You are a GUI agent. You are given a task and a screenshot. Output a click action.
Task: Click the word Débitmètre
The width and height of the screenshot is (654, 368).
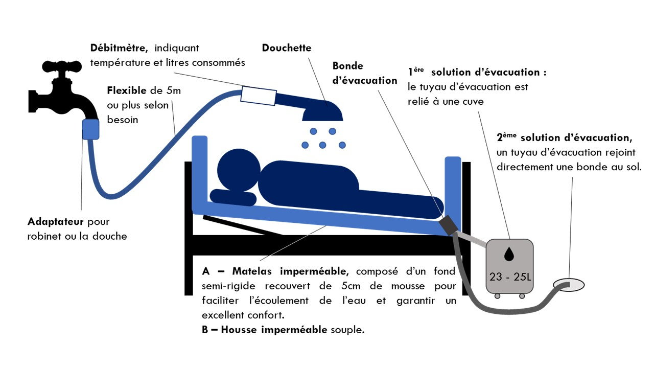point(119,48)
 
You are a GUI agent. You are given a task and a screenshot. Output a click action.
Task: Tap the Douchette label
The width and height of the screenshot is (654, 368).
point(287,48)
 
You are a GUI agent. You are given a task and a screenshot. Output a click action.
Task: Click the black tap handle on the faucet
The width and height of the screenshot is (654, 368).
point(62,66)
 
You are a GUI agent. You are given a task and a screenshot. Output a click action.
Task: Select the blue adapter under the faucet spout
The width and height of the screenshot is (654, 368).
point(90,129)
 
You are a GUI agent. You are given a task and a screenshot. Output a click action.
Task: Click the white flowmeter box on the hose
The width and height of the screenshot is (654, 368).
point(259,96)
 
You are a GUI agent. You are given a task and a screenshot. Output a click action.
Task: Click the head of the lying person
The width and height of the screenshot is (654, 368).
point(239,170)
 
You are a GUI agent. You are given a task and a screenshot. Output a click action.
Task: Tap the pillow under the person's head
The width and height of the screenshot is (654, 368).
point(233,197)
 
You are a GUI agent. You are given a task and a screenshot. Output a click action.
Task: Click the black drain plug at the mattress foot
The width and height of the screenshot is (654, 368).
point(449,225)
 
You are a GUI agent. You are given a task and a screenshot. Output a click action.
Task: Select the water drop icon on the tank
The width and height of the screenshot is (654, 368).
point(509,254)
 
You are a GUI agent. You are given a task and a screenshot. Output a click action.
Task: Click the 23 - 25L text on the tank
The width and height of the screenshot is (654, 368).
point(510,277)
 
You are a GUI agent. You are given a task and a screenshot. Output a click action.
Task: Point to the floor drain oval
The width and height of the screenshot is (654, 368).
point(569,285)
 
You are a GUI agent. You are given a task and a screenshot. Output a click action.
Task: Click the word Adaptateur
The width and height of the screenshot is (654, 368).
point(56,222)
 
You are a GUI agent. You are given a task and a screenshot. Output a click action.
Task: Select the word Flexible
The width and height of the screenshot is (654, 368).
point(126,90)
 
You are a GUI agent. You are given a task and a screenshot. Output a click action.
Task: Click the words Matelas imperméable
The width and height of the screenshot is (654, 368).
point(290,271)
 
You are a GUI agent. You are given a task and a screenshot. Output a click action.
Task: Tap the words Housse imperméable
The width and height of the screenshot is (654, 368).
point(274,330)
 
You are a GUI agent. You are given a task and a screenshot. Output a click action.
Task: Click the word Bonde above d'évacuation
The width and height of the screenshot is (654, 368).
point(347,66)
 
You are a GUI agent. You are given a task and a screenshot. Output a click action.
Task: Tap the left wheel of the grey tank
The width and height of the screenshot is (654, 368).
point(497,296)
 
